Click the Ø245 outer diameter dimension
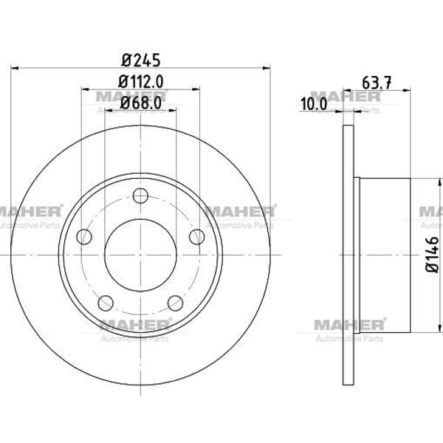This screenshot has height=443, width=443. pyautogui.click(x=140, y=60)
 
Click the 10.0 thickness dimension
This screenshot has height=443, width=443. pyautogui.click(x=313, y=104)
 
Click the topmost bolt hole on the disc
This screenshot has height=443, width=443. pyautogui.click(x=140, y=196)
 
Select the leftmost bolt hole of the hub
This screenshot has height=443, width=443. pyautogui.click(x=84, y=236)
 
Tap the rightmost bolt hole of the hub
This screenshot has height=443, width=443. pyautogui.click(x=196, y=236)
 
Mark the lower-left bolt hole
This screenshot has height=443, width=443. pyautogui.click(x=106, y=302)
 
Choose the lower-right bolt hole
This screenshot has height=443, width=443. pyautogui.click(x=175, y=302)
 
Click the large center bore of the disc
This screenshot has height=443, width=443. pyautogui.click(x=140, y=255)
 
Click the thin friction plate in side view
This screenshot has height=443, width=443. pyautogui.click(x=348, y=255)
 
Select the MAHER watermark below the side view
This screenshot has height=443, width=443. pyautogui.click(x=348, y=326)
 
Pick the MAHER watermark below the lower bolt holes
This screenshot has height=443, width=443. pyautogui.click(x=134, y=326)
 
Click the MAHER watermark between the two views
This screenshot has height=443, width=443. pyautogui.click(x=238, y=211)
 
